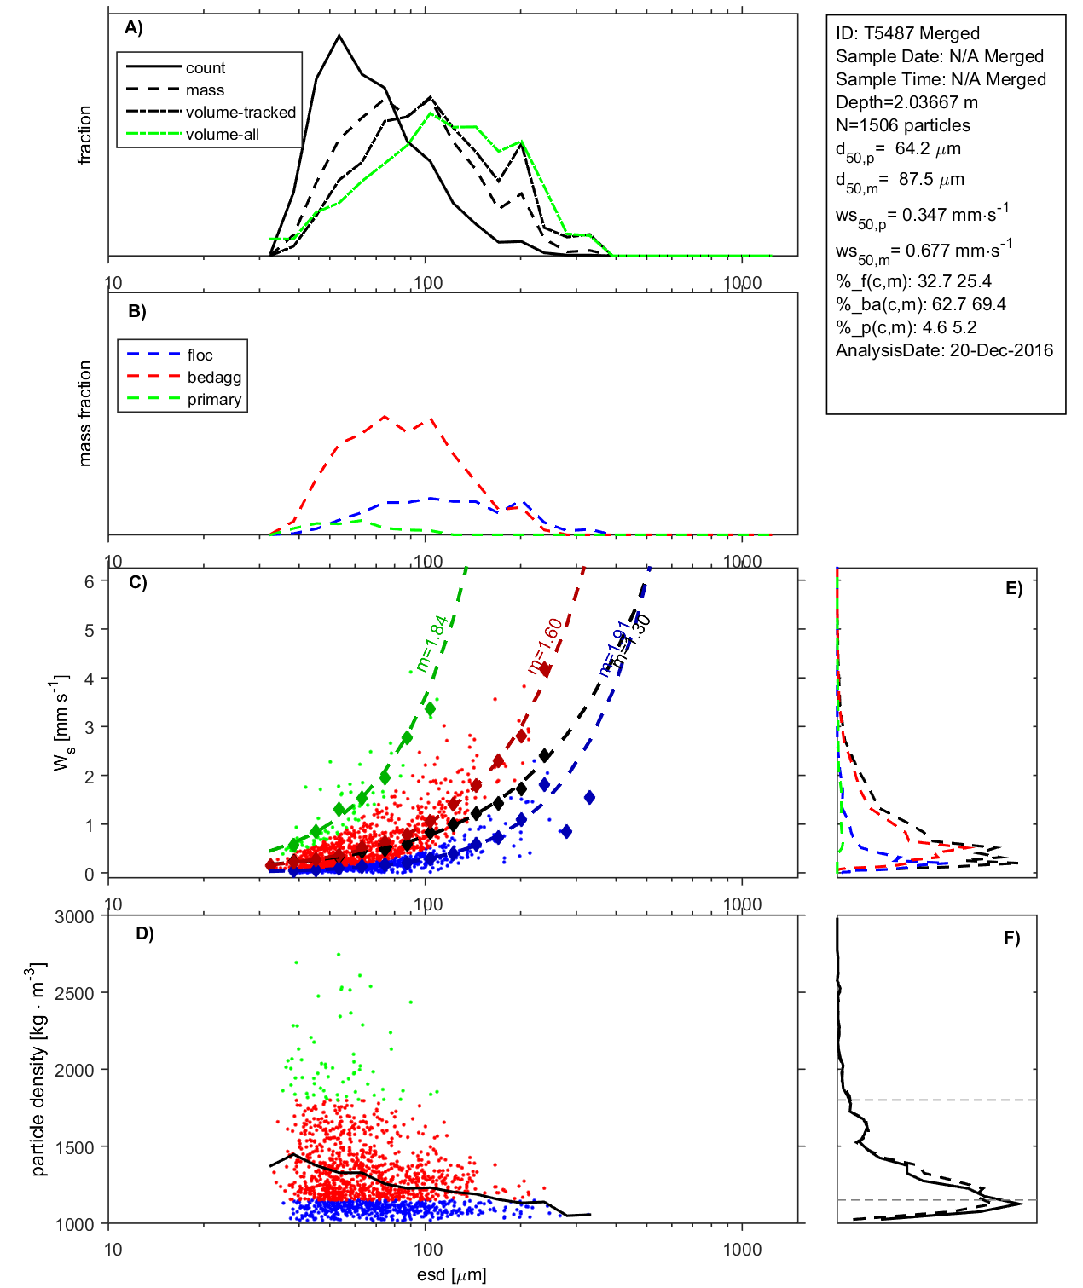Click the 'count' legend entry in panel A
pyautogui.click(x=206, y=68)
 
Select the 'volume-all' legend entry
pyautogui.click(x=222, y=135)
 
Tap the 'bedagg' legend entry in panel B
pyautogui.click(x=214, y=378)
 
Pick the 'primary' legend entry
pyautogui.click(x=214, y=400)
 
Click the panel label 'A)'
pyautogui.click(x=134, y=28)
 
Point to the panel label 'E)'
pyautogui.click(x=1013, y=588)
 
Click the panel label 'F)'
pyautogui.click(x=1011, y=938)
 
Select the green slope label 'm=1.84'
pyautogui.click(x=432, y=643)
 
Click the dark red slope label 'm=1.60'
pyautogui.click(x=545, y=646)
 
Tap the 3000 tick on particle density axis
pyautogui.click(x=74, y=917)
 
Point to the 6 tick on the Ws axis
pyautogui.click(x=90, y=580)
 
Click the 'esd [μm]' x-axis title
pyautogui.click(x=451, y=1275)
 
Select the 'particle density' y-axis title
pyautogui.click(x=38, y=1071)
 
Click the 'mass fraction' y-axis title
pyautogui.click(x=84, y=413)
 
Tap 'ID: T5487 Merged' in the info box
pyautogui.click(x=907, y=33)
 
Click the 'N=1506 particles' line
pyautogui.click(x=902, y=125)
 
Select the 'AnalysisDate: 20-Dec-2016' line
pyautogui.click(x=944, y=350)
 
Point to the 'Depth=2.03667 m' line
pyautogui.click(x=906, y=102)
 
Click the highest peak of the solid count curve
pyautogui.click(x=339, y=36)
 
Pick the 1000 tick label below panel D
pyautogui.click(x=742, y=1250)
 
